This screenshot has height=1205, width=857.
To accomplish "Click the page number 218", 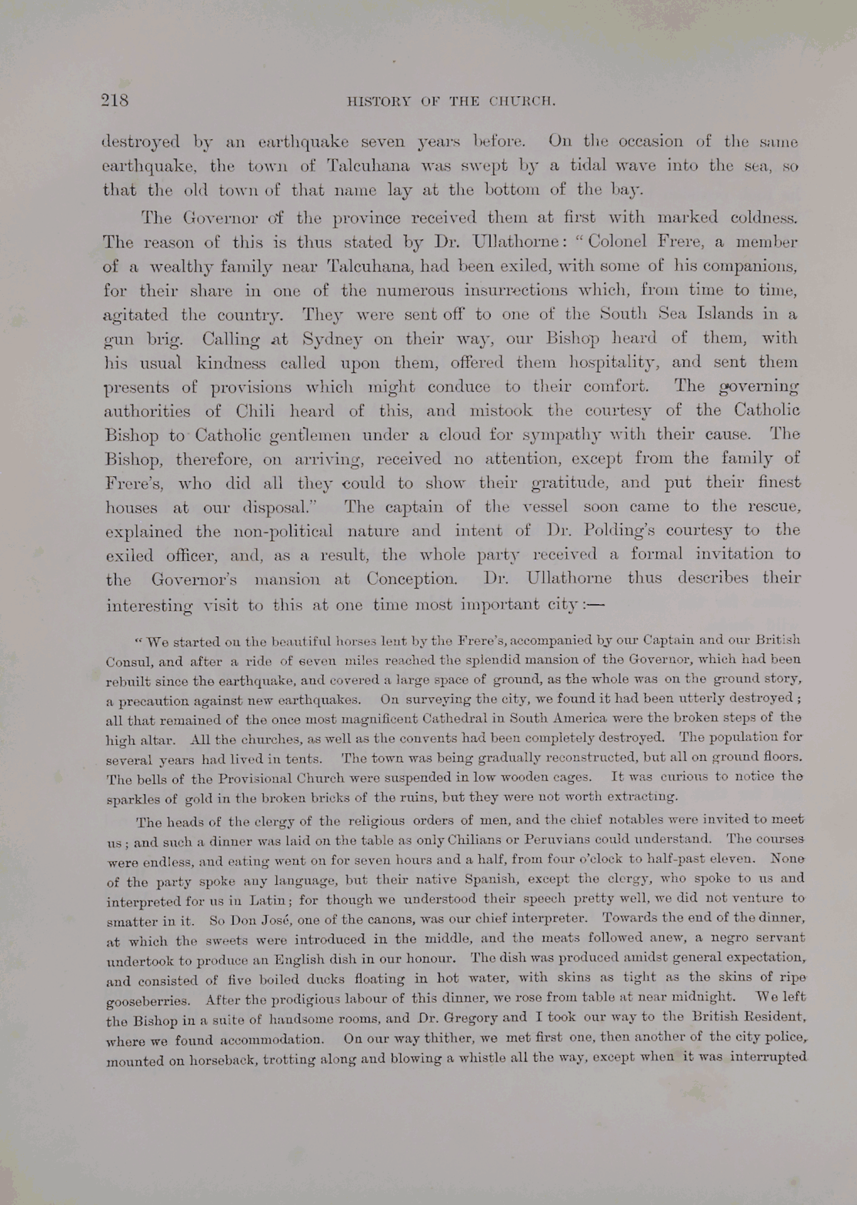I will [115, 100].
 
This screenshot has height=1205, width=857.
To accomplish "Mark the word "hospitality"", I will [610, 362].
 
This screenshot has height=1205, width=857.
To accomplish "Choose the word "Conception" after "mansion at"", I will [412, 579].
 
